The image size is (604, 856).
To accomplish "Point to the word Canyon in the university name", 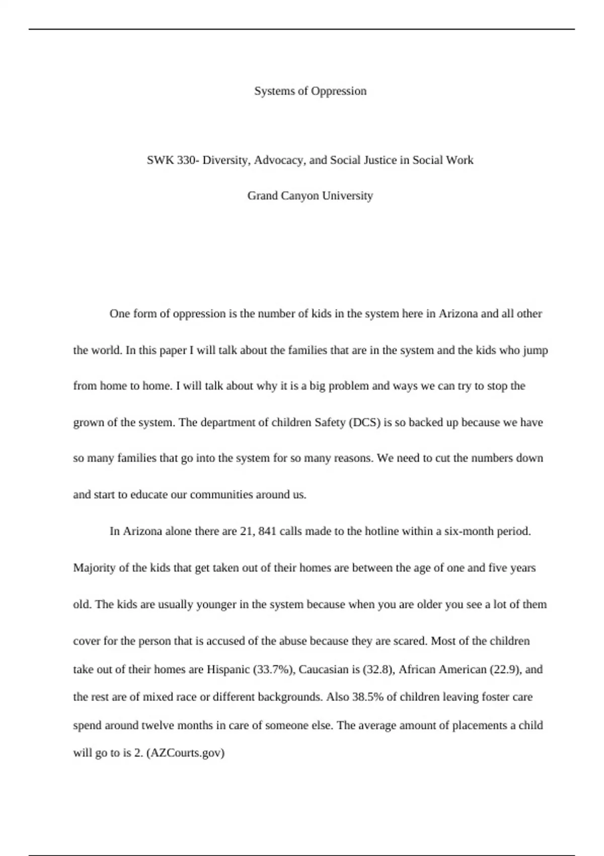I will click(x=299, y=196).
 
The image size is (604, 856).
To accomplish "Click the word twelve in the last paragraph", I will click(x=157, y=726).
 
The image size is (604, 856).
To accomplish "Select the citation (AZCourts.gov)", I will click(x=185, y=753).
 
